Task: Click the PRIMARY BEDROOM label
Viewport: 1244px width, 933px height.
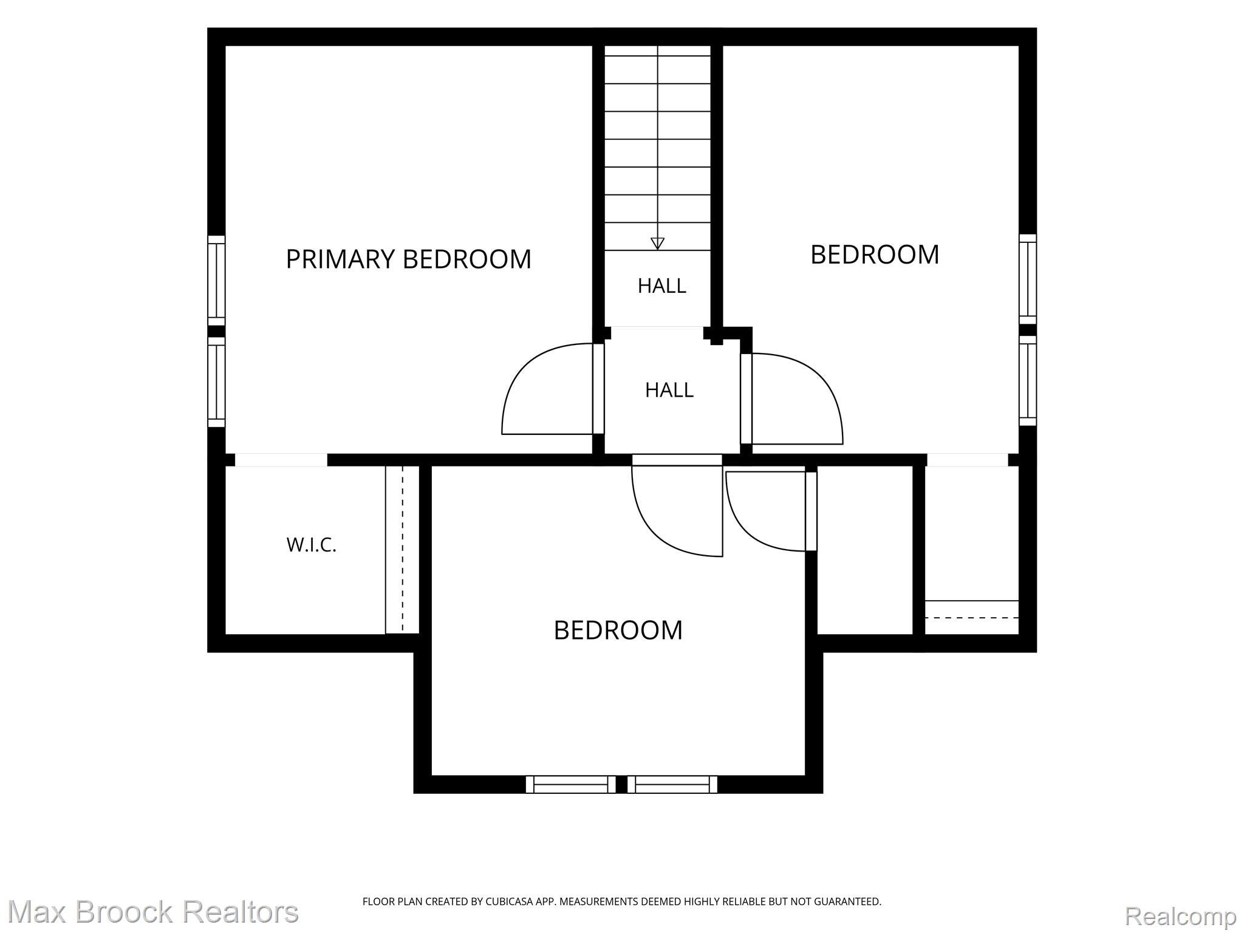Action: tap(408, 259)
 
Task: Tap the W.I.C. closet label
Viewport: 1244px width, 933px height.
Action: tap(311, 545)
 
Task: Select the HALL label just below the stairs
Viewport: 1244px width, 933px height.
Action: tap(661, 285)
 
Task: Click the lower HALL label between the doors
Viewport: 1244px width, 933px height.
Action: tap(669, 390)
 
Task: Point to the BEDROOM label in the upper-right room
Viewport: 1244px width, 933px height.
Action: tap(875, 255)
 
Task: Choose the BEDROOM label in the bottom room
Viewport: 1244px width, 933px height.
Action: tap(618, 631)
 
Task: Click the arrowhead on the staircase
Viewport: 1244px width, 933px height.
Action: tap(657, 244)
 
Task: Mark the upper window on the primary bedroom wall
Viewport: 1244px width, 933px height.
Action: tap(216, 281)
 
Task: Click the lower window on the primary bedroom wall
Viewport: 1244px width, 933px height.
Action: tap(216, 382)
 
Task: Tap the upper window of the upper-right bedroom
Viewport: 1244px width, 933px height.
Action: tap(1028, 279)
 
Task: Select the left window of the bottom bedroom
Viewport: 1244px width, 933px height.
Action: tap(570, 784)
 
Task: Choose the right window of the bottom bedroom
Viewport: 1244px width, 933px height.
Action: tap(672, 784)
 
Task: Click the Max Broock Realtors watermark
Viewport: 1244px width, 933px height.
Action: tap(153, 912)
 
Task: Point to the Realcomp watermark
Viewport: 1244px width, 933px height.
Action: tap(1180, 915)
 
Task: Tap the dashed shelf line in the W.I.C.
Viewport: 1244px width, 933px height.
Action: tap(402, 549)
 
